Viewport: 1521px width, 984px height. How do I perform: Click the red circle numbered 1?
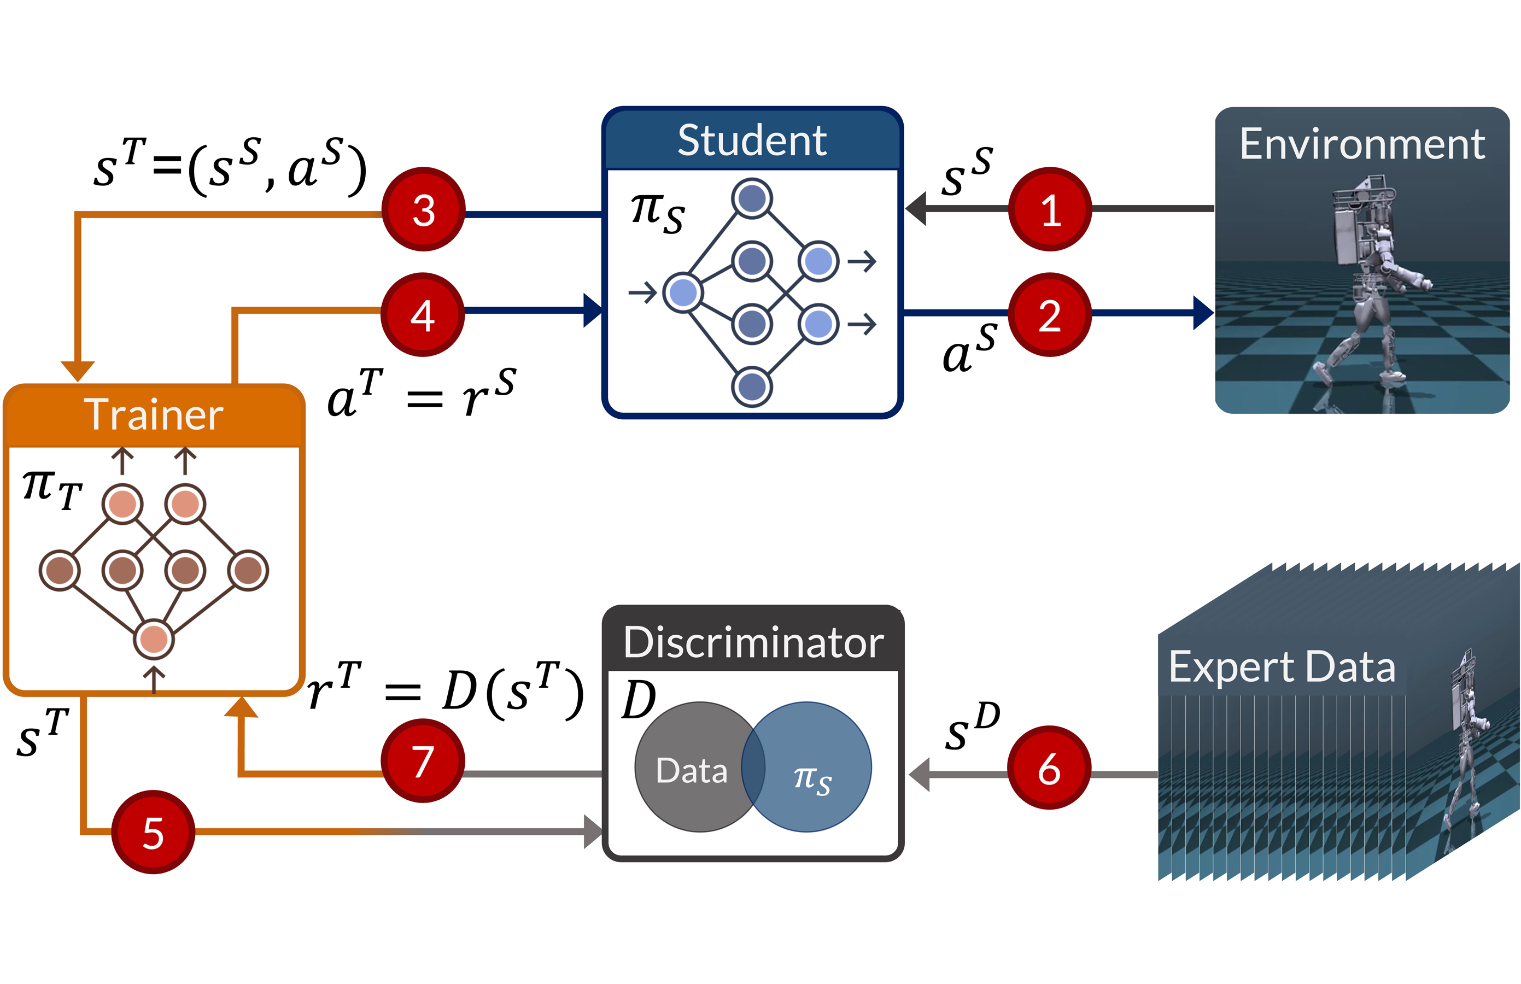point(1050,209)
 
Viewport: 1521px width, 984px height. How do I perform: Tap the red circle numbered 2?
point(1050,314)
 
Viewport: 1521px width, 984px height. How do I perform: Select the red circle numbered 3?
point(423,209)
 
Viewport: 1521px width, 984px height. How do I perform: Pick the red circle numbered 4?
point(423,314)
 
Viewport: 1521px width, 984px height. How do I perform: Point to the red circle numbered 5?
point(153,832)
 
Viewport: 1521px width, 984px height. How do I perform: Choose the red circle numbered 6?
point(1049,768)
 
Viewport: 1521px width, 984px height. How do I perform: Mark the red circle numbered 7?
point(423,760)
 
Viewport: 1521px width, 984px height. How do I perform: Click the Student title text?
point(752,140)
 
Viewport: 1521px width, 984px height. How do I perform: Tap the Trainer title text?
point(154,415)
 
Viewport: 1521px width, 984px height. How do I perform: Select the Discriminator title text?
point(753,642)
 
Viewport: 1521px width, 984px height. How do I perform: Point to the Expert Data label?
point(1282,666)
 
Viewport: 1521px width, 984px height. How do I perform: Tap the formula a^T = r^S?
point(420,393)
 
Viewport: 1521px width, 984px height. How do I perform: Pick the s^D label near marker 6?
point(972,727)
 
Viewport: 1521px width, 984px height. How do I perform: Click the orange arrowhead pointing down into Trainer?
point(77,371)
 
